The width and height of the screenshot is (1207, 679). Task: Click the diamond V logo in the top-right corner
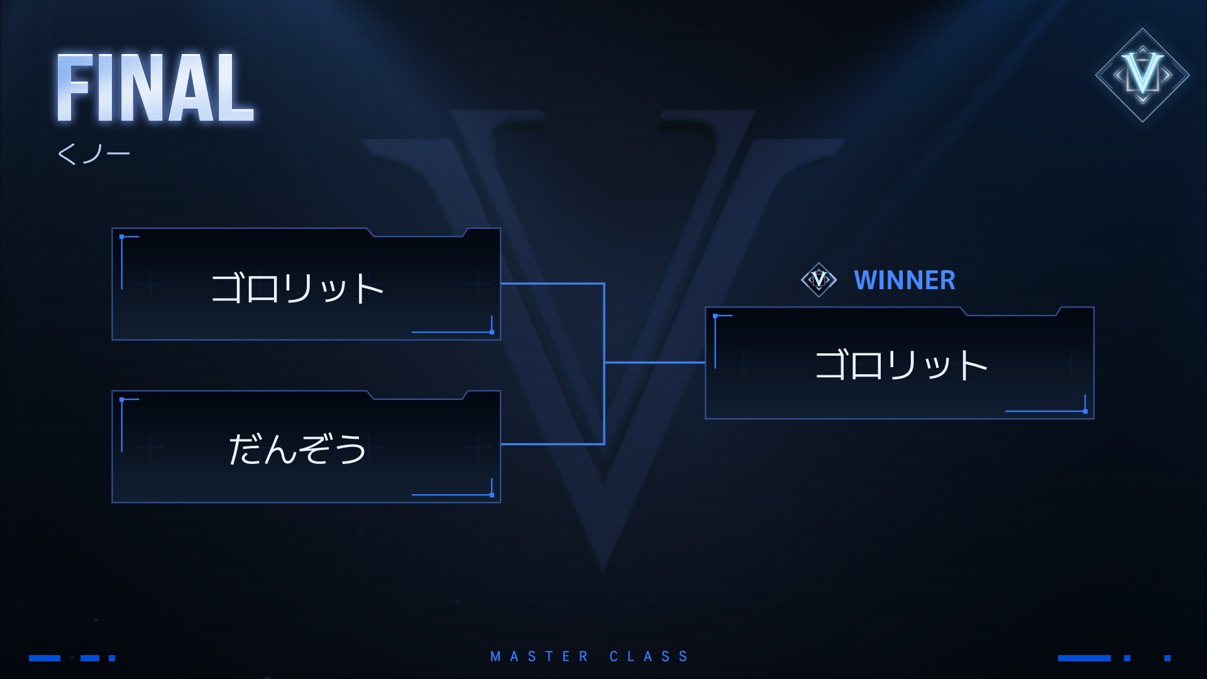point(1142,75)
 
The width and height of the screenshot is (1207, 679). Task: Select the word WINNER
point(904,280)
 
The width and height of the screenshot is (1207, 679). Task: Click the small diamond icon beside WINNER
point(818,279)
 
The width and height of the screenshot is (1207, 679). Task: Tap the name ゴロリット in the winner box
point(900,365)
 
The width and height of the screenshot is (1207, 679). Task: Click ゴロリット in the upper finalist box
point(297,289)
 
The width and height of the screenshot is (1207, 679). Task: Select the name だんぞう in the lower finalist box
point(297,450)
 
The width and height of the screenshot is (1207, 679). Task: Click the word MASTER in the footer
point(539,657)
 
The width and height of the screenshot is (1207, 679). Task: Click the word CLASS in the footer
point(649,657)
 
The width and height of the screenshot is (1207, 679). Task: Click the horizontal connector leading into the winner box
point(654,363)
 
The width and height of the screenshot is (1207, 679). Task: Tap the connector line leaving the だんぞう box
point(552,444)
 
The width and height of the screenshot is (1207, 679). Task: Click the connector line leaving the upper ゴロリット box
point(552,284)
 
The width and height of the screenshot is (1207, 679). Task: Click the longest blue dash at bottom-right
point(1084,658)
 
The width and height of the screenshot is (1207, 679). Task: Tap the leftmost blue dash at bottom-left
point(45,658)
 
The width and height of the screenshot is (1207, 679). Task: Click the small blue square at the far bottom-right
point(1167,658)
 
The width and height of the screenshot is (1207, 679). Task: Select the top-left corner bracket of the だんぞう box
point(122,400)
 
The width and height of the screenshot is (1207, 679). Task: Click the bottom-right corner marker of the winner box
point(1085,411)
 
